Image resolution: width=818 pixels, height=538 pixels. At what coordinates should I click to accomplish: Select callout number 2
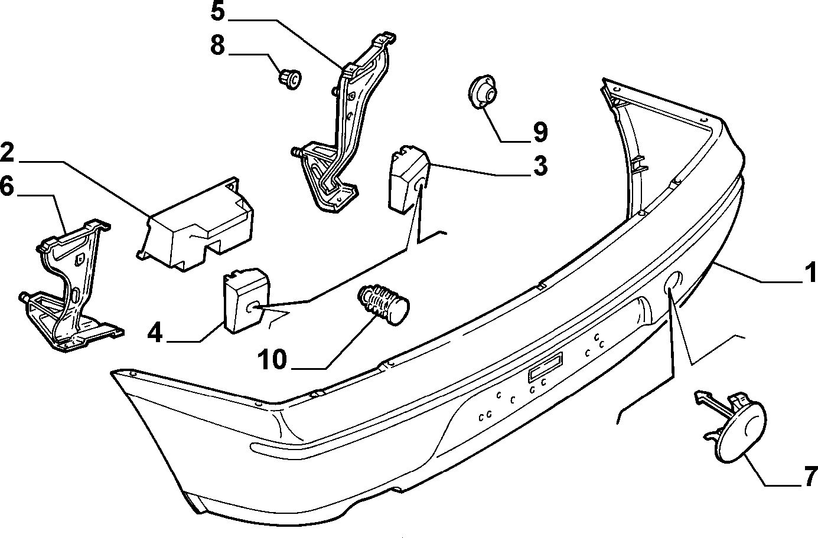coord(7,152)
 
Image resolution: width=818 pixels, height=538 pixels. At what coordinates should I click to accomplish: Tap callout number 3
coord(540,166)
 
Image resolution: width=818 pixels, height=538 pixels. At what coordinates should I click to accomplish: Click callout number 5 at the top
coord(218,11)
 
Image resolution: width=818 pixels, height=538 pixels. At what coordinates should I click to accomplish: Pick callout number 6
coord(7,187)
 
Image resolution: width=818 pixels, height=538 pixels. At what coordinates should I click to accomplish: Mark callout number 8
coord(218,45)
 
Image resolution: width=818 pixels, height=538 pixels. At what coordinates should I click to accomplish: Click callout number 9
coord(540,132)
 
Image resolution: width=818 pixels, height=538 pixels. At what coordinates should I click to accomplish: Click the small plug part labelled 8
coord(291,79)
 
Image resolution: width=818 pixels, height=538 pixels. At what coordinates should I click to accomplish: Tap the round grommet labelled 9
coord(483,92)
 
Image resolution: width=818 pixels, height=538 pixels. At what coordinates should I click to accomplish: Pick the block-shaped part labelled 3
coord(409,179)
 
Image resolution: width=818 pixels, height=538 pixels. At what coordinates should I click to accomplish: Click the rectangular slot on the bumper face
coord(545,368)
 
